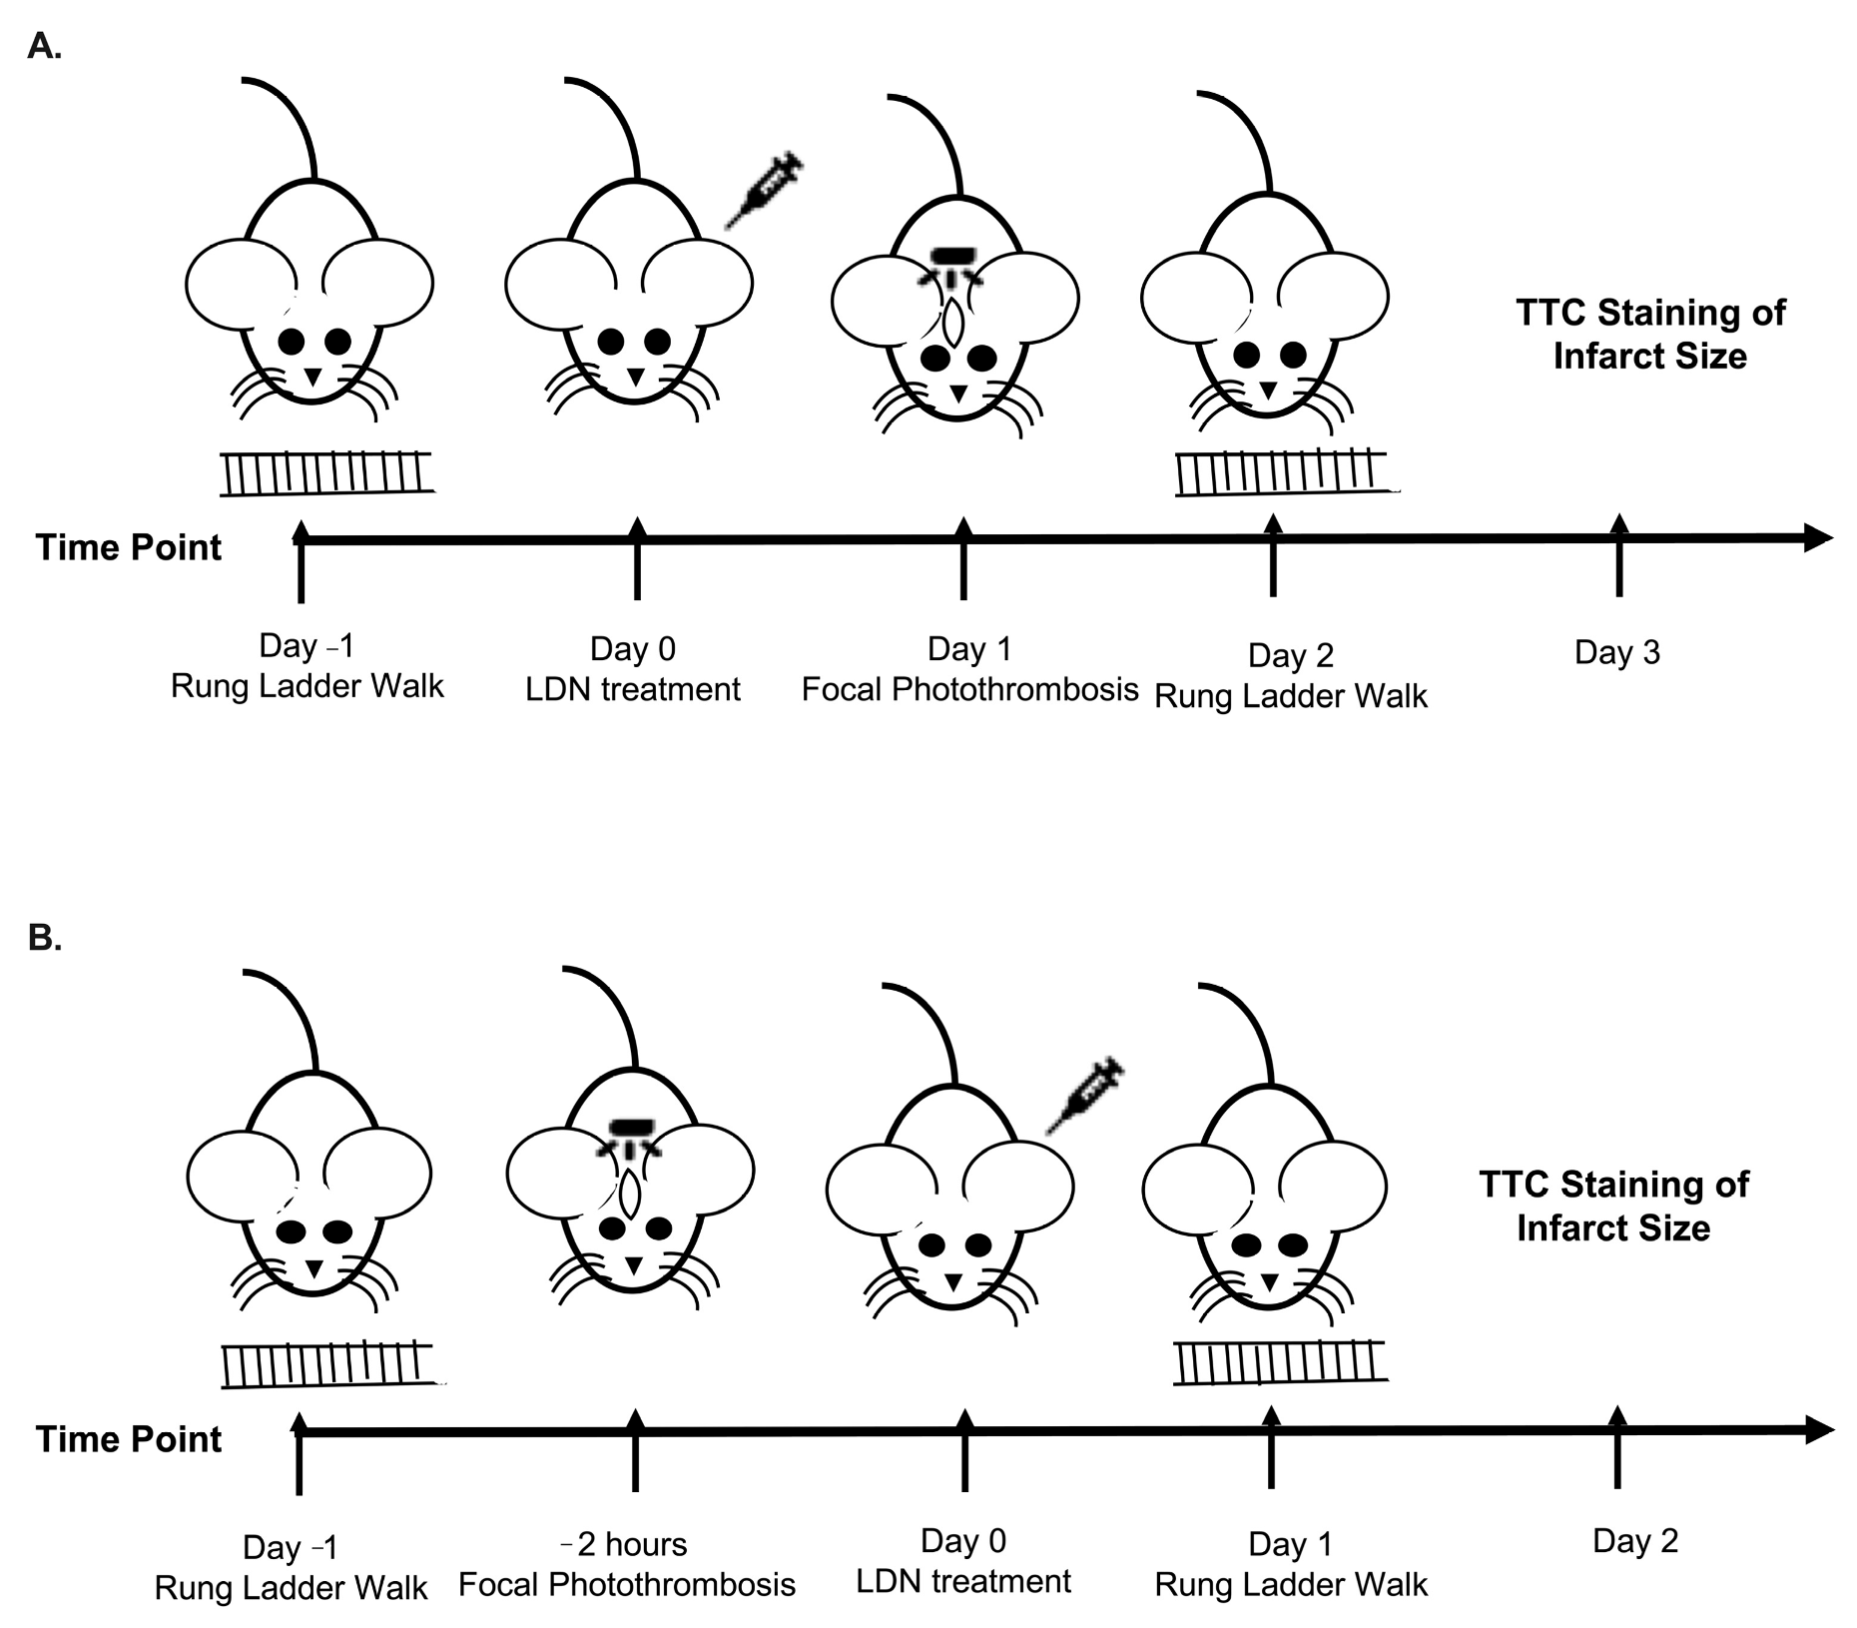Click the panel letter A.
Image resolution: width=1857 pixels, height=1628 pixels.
click(44, 46)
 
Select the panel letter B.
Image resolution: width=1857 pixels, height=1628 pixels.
click(44, 938)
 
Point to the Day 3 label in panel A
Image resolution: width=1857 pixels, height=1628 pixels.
click(1616, 652)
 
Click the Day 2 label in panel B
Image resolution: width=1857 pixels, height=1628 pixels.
click(1635, 1540)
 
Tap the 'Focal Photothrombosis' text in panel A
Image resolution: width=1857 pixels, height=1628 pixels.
click(969, 689)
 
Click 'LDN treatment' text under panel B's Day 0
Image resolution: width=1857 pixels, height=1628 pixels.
click(963, 1581)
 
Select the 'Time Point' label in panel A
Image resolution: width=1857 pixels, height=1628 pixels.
click(129, 547)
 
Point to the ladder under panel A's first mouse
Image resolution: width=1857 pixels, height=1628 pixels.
click(327, 473)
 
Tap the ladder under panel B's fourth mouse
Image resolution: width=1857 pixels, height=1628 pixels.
click(1280, 1362)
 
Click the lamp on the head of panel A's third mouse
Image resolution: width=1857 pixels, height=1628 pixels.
click(956, 257)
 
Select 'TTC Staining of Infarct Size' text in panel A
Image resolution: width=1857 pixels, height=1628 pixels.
click(1650, 335)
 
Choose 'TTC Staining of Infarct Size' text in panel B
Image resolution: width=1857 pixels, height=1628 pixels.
click(1613, 1206)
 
